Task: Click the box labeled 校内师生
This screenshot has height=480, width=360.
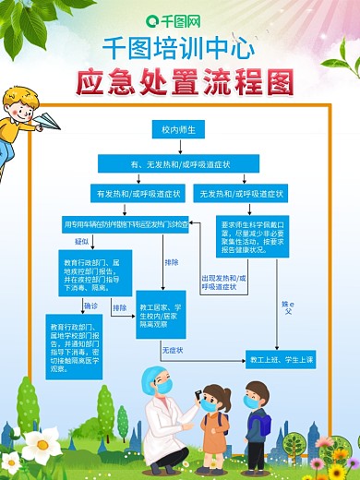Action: pyautogui.click(x=179, y=130)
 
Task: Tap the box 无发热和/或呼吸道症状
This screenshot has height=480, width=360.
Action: pyautogui.click(x=237, y=194)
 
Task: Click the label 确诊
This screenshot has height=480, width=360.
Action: pyautogui.click(x=90, y=305)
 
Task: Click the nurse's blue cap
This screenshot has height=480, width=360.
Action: pyautogui.click(x=153, y=377)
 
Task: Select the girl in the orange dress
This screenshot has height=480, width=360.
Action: pyautogui.click(x=214, y=426)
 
